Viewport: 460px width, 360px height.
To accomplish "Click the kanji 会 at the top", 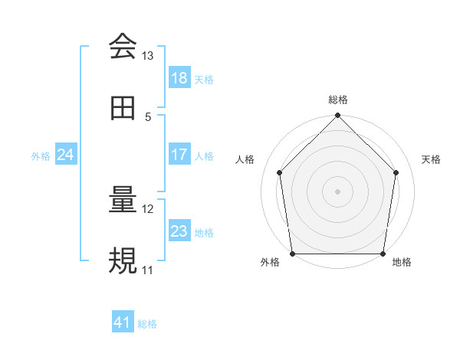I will [123, 47].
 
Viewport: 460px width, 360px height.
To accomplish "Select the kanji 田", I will [123, 108].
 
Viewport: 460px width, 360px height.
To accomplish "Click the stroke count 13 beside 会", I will [148, 56].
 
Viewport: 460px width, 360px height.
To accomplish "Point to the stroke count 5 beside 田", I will [148, 116].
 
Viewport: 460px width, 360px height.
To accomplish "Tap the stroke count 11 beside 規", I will [148, 270].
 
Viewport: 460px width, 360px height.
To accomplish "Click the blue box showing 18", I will [179, 78].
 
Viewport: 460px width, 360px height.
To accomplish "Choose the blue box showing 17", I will [179, 155].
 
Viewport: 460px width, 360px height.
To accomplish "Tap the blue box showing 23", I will [179, 231].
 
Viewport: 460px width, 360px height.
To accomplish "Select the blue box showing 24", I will [65, 155].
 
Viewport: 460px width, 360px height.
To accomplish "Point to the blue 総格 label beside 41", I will [148, 324].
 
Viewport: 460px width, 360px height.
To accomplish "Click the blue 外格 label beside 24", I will [41, 155].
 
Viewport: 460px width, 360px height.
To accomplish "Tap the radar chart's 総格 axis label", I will [338, 100].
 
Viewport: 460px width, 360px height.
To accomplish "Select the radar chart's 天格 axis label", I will [432, 159].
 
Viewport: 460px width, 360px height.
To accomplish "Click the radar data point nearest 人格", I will [280, 172].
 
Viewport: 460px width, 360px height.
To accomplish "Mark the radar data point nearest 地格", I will [383, 254].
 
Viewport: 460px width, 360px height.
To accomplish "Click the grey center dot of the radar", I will [338, 191].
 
